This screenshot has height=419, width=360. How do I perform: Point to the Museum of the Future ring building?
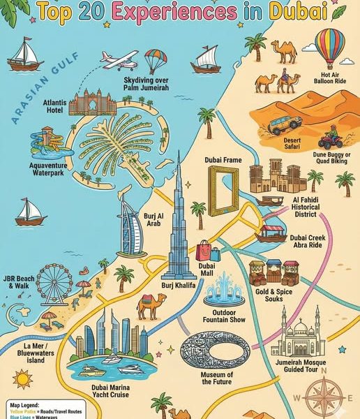[x=210, y=350]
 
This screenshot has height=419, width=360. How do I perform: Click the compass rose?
[x=325, y=391]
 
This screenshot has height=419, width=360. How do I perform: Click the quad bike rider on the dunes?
[x=329, y=134]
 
